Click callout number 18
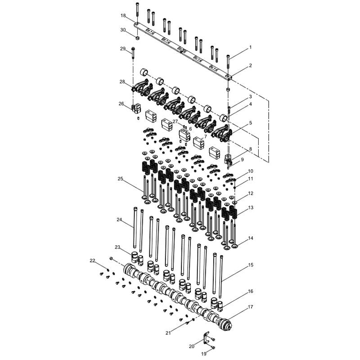(x=123, y=16)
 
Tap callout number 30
(x=123, y=30)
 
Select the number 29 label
(x=123, y=49)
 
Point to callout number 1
(x=251, y=47)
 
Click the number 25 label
(x=120, y=178)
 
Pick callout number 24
(x=119, y=220)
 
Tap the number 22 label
(x=92, y=261)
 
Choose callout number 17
(x=250, y=307)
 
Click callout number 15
(x=251, y=265)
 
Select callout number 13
(x=251, y=207)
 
